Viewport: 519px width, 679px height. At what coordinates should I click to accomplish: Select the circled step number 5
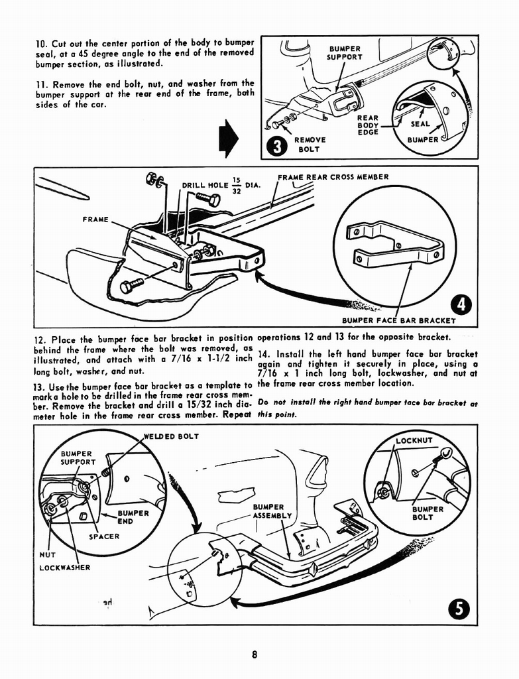coord(459,607)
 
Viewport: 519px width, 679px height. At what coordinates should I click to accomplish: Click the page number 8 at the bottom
coord(255,655)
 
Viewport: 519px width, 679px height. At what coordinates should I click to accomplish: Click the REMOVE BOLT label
coord(310,145)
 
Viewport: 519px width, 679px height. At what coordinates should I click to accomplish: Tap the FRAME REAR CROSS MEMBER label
coord(333,177)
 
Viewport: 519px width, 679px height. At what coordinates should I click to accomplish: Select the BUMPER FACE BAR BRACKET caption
coord(399,321)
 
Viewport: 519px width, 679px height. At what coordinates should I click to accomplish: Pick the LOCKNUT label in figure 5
coord(414,440)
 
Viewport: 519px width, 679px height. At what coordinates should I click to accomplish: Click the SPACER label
coord(104,536)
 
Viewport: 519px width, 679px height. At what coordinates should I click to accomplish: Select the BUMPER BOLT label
coord(428,513)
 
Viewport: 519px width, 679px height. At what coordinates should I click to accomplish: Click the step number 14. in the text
coord(264,353)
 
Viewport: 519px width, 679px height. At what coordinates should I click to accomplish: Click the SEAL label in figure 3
coord(420,124)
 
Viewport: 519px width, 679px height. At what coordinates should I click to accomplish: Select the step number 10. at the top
coord(42,44)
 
